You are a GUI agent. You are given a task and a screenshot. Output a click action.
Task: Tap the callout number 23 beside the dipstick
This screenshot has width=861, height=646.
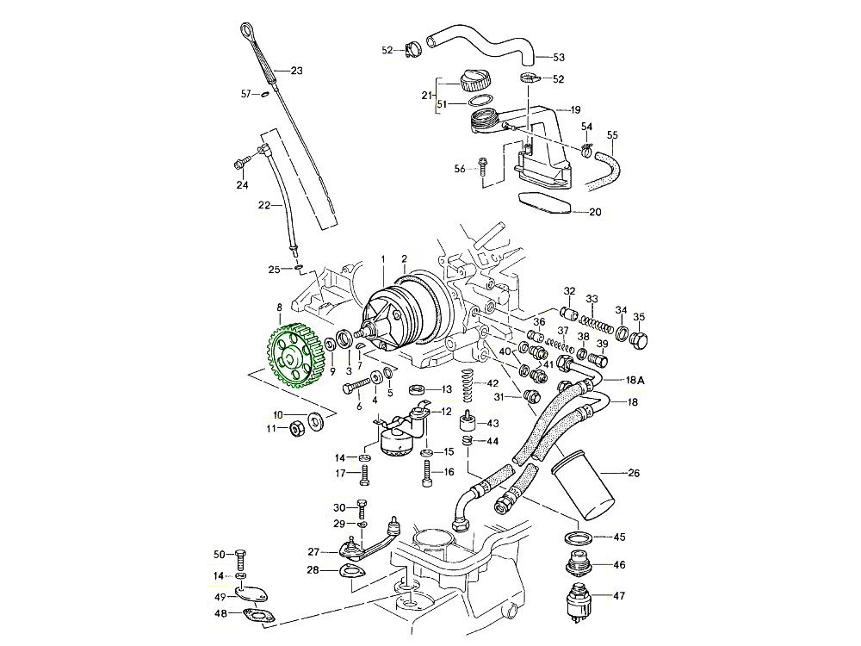(x=297, y=71)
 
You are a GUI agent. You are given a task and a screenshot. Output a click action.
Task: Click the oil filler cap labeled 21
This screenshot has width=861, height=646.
(x=475, y=82)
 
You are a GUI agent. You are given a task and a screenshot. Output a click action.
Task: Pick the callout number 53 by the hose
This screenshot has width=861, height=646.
(x=559, y=58)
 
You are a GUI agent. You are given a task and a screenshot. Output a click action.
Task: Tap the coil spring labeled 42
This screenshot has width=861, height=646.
(x=468, y=384)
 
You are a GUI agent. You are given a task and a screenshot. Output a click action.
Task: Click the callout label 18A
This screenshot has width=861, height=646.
(x=635, y=380)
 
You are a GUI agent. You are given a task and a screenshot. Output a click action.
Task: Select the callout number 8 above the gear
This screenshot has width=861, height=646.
(x=279, y=307)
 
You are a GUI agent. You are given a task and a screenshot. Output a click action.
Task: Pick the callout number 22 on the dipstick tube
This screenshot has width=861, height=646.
(x=264, y=205)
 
